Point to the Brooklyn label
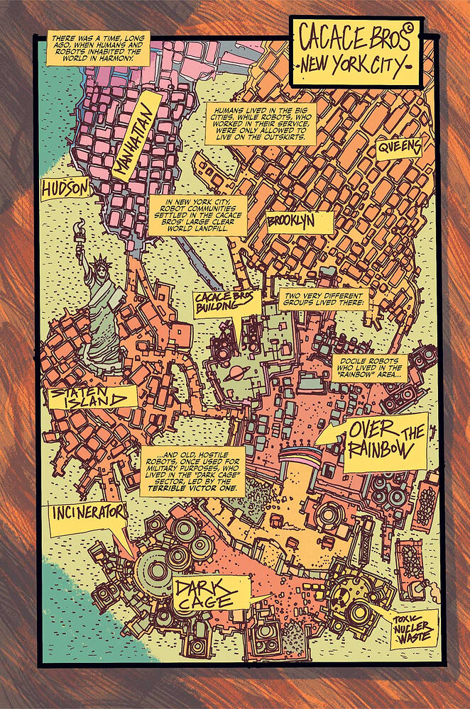300,222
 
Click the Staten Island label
89,399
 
